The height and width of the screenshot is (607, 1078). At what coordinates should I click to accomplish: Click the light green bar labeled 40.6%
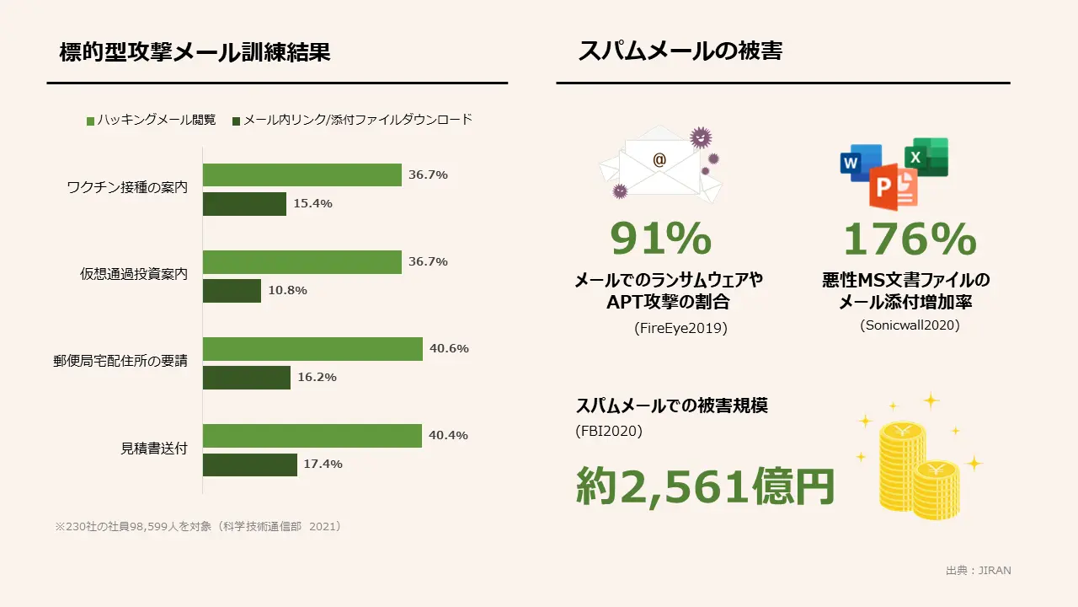[x=312, y=349]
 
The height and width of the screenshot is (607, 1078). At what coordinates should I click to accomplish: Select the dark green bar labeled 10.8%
[x=232, y=291]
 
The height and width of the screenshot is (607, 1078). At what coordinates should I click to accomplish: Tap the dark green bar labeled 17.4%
[x=250, y=465]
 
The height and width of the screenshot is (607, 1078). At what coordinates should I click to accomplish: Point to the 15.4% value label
[x=312, y=204]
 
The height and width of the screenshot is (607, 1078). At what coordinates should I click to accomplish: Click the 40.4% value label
[x=448, y=436]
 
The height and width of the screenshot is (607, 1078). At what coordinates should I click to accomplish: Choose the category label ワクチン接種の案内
[x=127, y=187]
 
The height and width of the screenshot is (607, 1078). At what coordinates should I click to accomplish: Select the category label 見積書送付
[x=154, y=448]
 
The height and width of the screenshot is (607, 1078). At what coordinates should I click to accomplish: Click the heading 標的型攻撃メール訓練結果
[x=195, y=52]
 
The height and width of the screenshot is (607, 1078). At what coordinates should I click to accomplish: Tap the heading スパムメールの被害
[x=680, y=51]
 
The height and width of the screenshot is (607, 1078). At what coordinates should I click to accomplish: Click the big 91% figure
[x=661, y=239]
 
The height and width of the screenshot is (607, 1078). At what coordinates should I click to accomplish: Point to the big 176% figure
[x=910, y=239]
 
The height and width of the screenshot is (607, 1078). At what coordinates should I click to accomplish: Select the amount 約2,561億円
[x=705, y=486]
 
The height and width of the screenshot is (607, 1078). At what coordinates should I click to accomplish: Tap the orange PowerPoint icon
[x=893, y=186]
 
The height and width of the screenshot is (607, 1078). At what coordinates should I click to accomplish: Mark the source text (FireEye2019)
[x=680, y=328]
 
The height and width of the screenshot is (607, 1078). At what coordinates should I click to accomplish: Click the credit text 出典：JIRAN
[x=978, y=571]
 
